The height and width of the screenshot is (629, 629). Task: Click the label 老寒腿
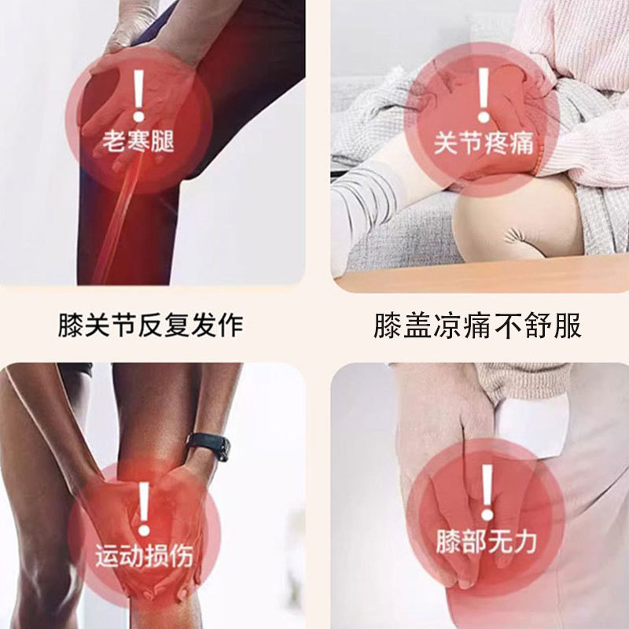(138, 142)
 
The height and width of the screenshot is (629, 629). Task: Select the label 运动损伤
(143, 557)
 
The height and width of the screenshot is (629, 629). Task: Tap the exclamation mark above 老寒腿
(138, 95)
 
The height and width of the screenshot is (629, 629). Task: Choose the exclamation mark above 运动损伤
(144, 507)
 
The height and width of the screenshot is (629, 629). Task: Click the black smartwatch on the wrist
(209, 445)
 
